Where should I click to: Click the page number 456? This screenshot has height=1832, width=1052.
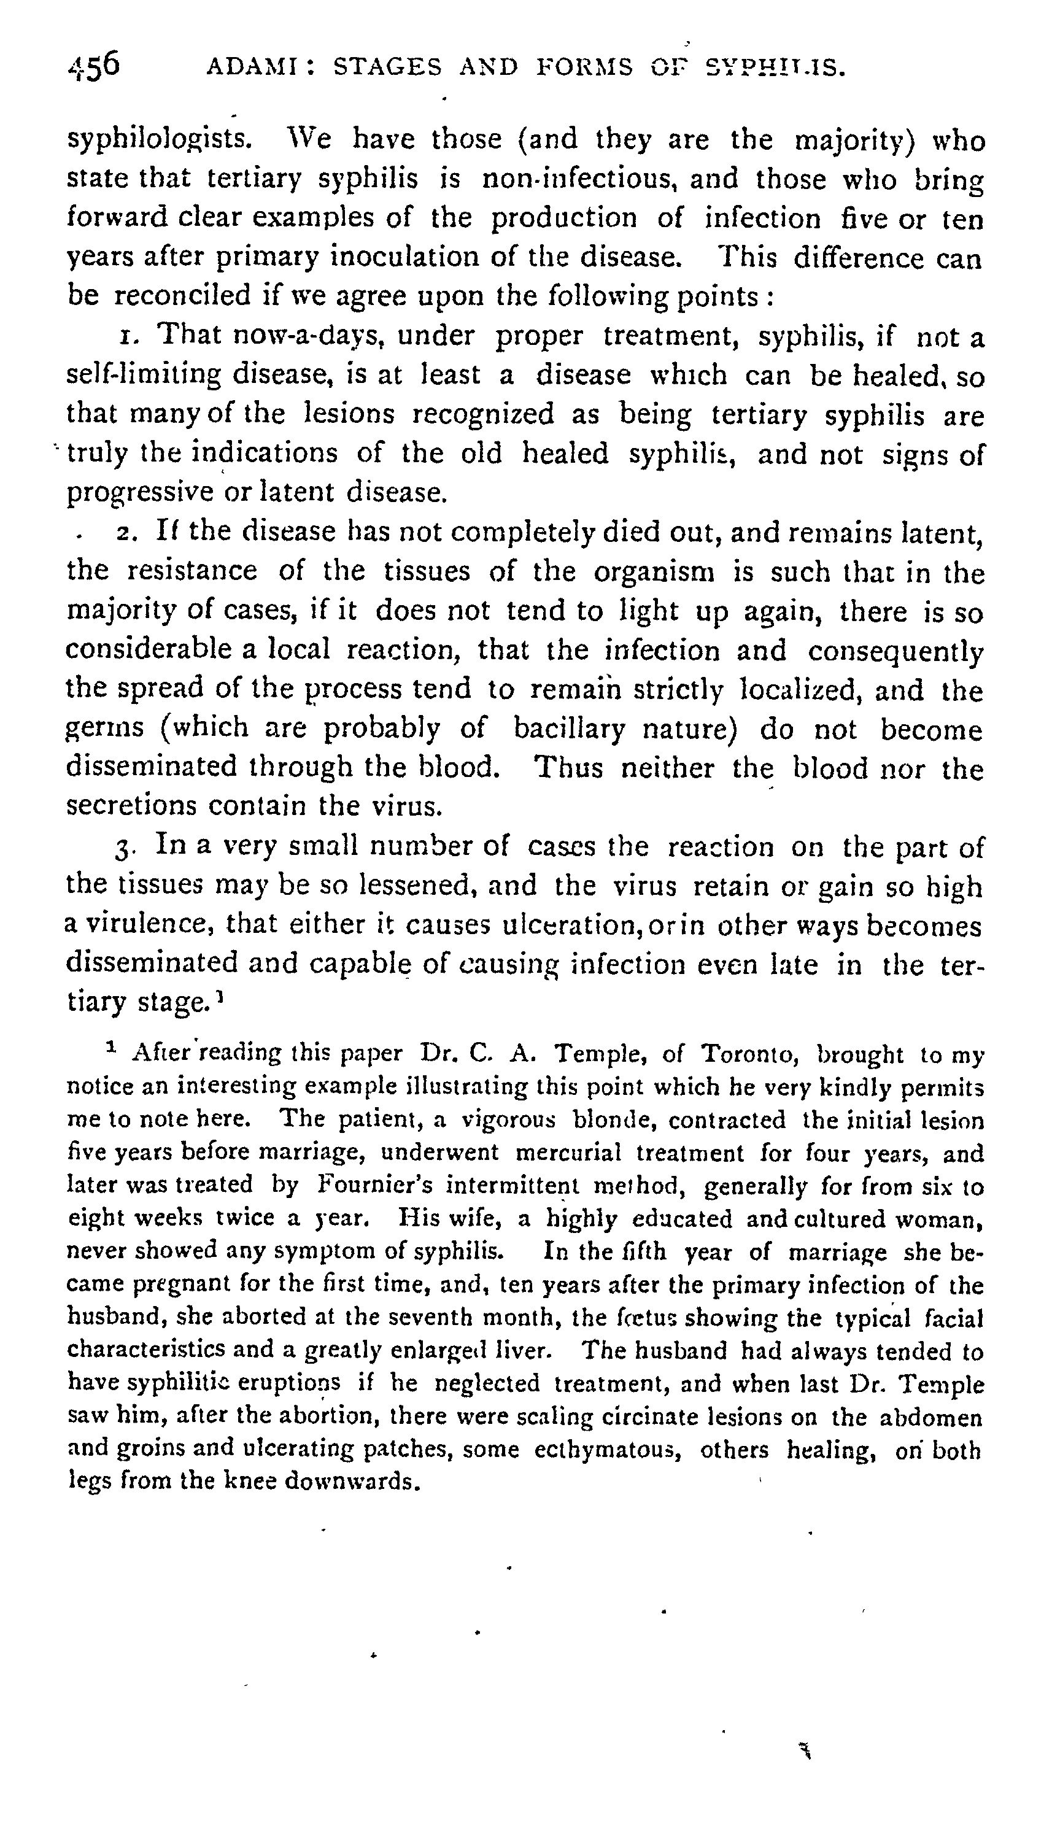coord(93,66)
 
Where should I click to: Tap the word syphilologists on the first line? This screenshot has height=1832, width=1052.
coord(159,139)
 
